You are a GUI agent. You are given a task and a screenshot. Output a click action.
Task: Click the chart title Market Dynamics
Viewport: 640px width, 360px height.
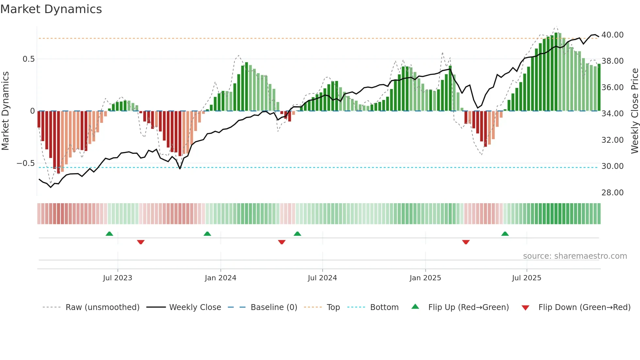click(x=51, y=9)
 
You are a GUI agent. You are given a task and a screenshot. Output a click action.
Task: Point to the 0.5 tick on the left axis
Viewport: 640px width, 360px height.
click(x=28, y=59)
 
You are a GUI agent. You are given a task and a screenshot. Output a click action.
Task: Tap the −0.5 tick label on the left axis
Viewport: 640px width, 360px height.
click(x=25, y=163)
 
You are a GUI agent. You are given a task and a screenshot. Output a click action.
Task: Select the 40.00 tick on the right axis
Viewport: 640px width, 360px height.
click(x=612, y=35)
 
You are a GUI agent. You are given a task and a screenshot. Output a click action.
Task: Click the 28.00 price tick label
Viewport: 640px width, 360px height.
click(x=612, y=193)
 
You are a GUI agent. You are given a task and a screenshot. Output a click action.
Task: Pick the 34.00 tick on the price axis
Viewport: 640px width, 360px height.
click(x=612, y=114)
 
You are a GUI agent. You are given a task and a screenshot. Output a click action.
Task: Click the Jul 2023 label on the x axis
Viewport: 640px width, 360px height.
click(x=118, y=278)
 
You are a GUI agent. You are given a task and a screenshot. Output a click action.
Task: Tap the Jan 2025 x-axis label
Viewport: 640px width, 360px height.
click(x=425, y=278)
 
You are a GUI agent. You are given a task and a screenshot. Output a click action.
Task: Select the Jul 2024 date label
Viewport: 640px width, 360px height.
click(x=322, y=278)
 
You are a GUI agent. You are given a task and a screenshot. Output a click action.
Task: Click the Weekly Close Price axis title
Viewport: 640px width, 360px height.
click(x=634, y=111)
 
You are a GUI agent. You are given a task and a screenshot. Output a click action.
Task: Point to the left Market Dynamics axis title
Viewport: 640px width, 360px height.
click(x=5, y=111)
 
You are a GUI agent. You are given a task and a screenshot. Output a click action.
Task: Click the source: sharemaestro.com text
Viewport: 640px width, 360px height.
click(x=575, y=256)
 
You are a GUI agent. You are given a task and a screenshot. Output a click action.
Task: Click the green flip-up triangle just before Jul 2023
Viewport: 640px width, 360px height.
click(x=109, y=234)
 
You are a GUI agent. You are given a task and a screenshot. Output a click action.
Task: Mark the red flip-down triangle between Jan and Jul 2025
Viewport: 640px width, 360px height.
click(x=466, y=242)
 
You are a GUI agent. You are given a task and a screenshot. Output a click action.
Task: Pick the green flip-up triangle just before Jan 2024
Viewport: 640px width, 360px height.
click(x=207, y=234)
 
